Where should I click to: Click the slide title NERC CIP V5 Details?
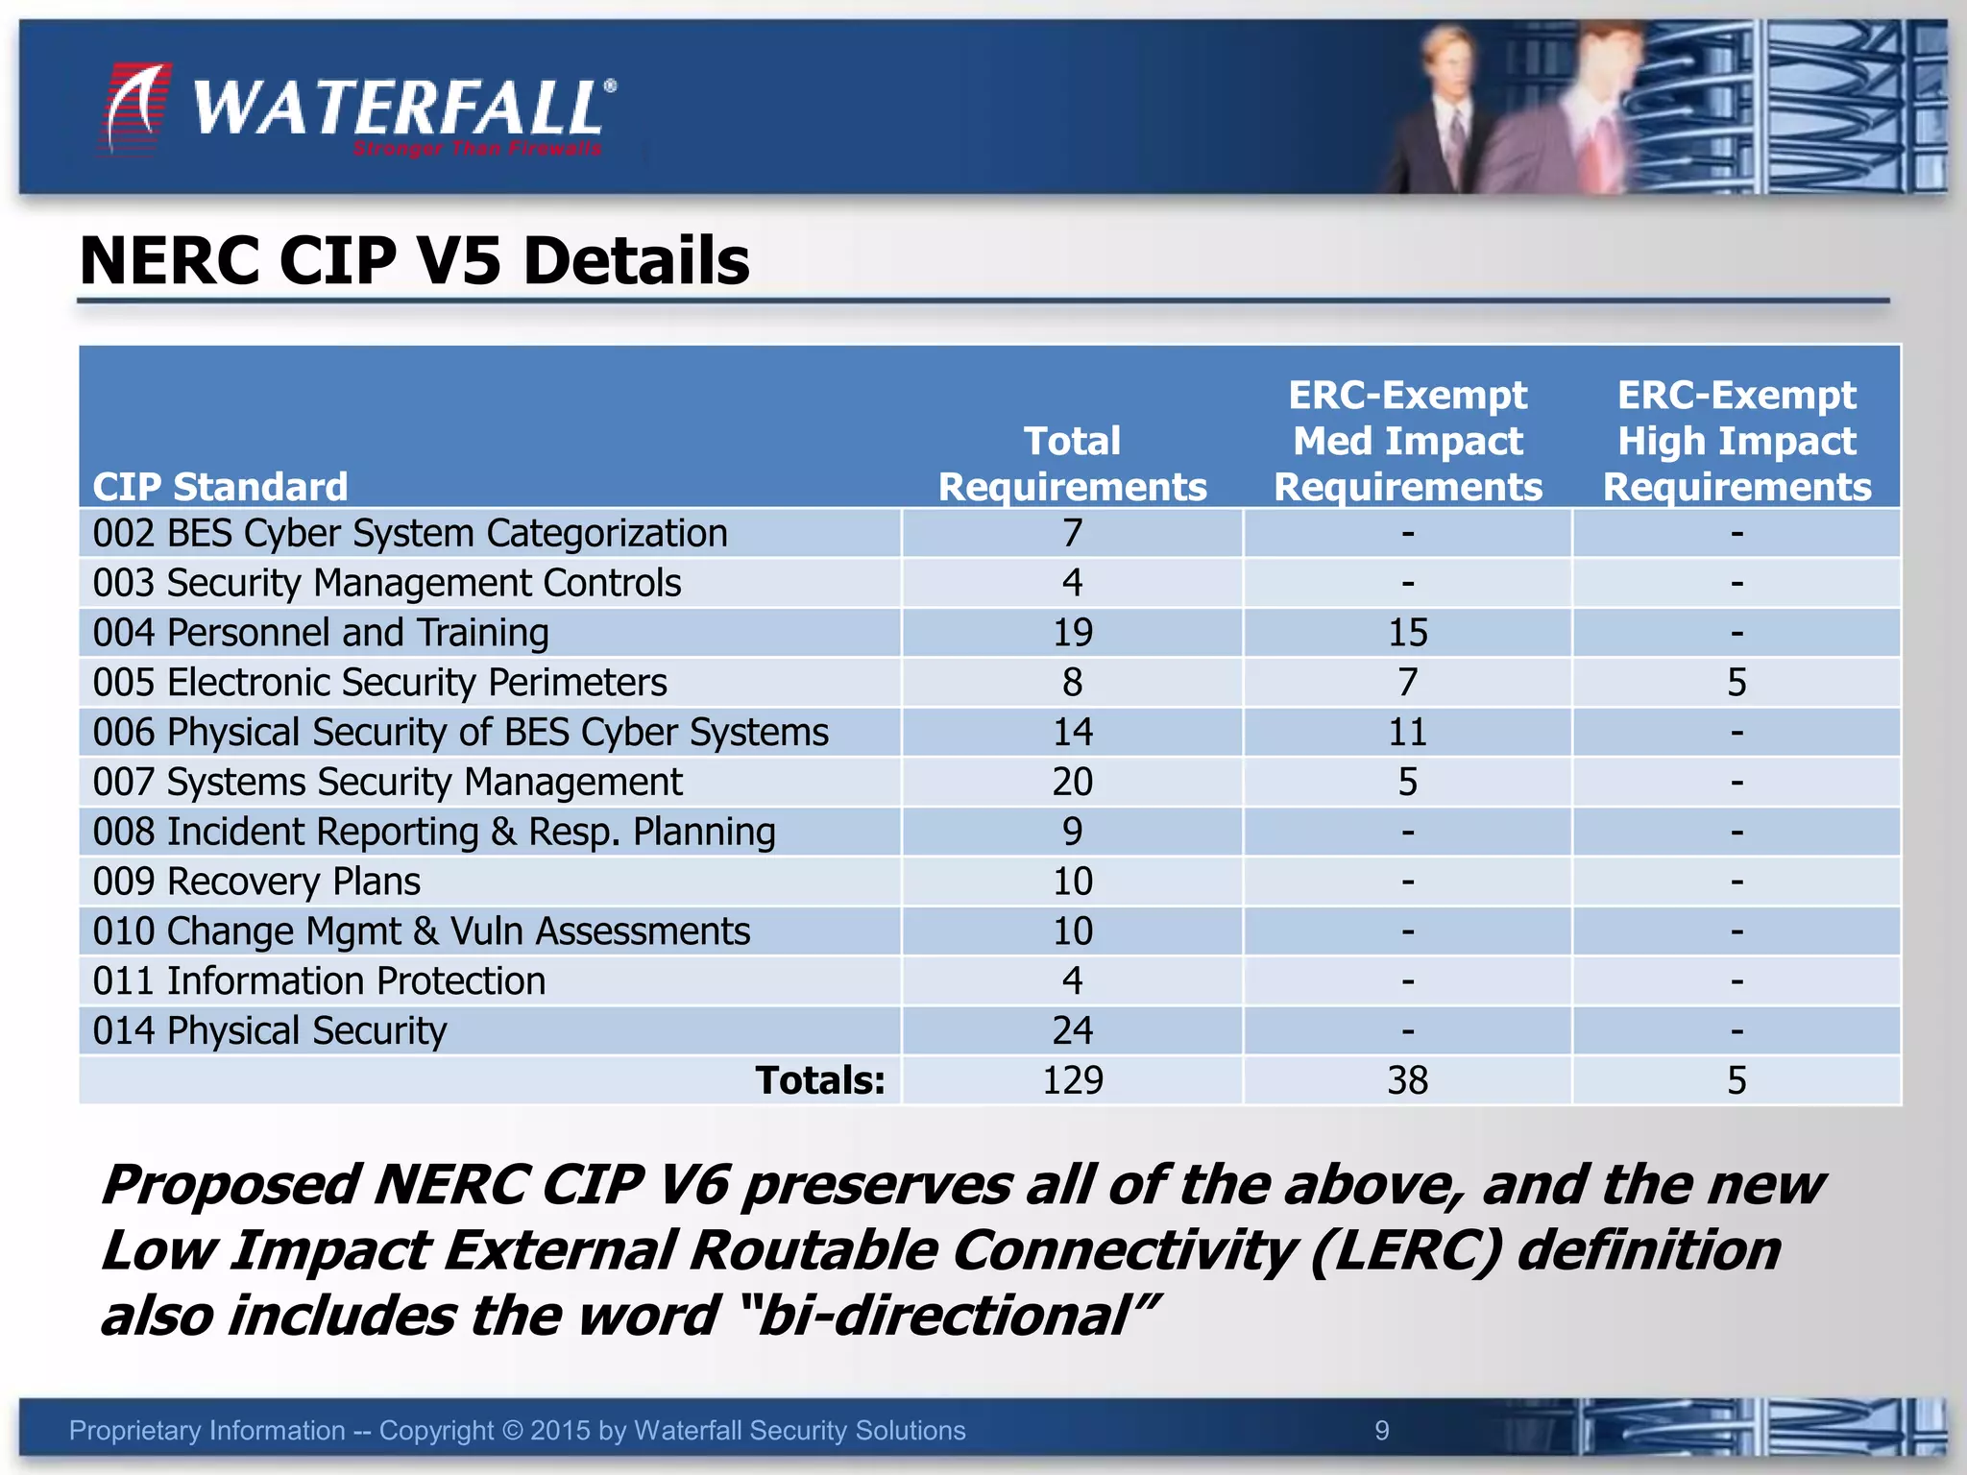414,261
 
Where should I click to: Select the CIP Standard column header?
220,487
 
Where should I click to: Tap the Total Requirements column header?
1072,464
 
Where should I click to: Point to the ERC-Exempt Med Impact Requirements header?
1407,441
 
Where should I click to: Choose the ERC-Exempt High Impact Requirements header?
1736,441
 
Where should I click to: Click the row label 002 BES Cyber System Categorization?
410,533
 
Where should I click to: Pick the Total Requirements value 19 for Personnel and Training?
1072,633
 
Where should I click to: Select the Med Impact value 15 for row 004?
1407,633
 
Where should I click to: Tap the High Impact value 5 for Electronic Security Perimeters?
1736,683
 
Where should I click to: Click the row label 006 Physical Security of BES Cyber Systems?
460,733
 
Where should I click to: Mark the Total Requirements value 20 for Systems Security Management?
1072,783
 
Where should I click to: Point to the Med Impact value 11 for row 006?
1407,733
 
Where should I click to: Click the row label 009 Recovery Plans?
256,882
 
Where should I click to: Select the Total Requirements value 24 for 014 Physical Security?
1072,1031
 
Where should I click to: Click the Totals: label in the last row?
819,1080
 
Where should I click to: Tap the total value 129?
1072,1080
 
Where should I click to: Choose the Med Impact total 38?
1407,1080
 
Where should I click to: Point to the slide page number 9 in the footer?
1381,1431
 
